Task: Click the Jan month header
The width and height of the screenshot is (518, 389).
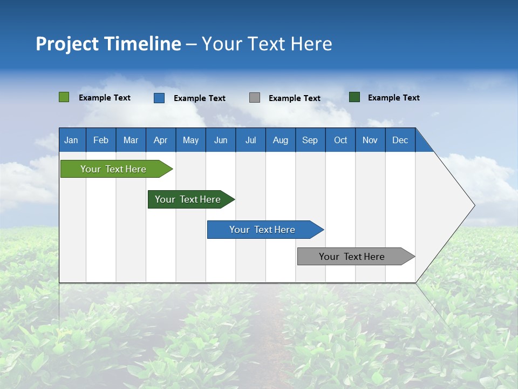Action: [x=71, y=140]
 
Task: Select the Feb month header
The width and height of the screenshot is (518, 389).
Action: [x=101, y=140]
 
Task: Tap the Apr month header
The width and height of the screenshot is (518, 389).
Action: [x=160, y=140]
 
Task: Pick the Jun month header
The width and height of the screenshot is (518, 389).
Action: [x=221, y=140]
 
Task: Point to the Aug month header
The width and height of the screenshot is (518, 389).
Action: [x=280, y=140]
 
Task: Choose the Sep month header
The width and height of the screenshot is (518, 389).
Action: [x=310, y=140]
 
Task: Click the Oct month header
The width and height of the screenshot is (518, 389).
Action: [x=340, y=140]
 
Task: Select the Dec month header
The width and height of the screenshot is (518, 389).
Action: [x=400, y=140]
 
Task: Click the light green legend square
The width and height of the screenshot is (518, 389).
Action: [x=64, y=97]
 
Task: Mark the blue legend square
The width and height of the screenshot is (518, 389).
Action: [x=159, y=98]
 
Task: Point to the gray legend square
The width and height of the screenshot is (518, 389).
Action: [x=255, y=97]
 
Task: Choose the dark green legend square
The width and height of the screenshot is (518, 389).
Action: [x=355, y=97]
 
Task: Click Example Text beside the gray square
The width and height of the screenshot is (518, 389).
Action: [x=294, y=98]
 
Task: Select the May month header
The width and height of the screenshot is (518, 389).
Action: [x=190, y=140]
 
